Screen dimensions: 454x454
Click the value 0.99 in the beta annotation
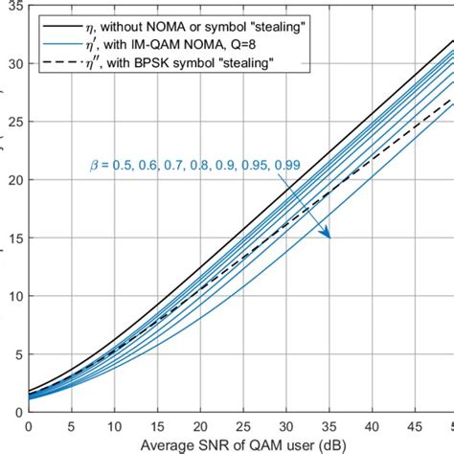point(287,165)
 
